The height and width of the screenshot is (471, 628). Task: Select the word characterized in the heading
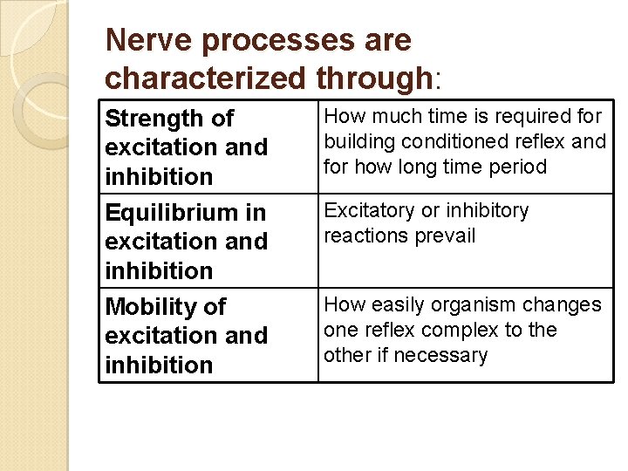[x=205, y=78]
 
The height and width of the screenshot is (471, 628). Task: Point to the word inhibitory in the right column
[x=487, y=210]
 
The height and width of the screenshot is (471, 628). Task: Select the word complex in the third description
[x=454, y=331]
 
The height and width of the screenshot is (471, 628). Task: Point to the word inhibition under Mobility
[x=159, y=365]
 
